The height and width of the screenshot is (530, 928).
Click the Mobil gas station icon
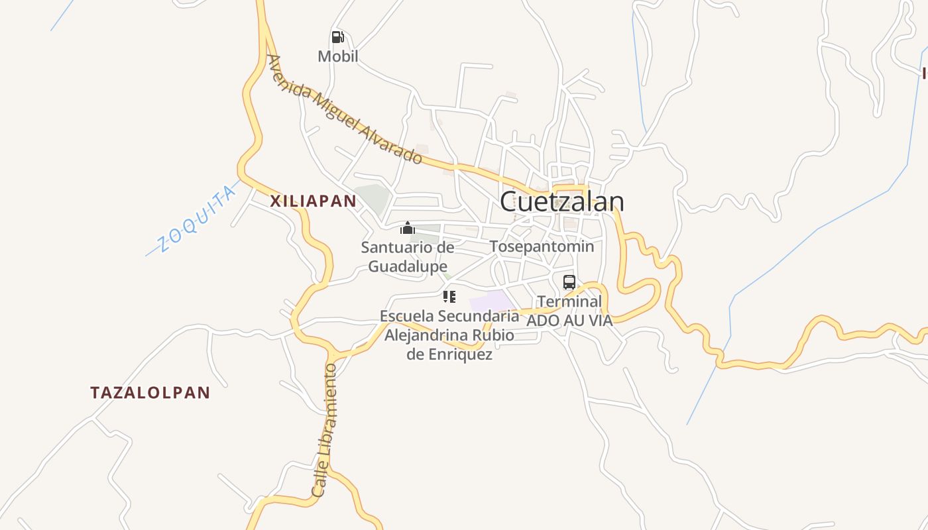(x=337, y=37)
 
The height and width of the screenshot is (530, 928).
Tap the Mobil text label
(x=337, y=56)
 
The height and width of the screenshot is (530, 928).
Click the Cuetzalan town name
(x=561, y=201)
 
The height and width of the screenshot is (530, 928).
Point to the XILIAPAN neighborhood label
(x=313, y=201)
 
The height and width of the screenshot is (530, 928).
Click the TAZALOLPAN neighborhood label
(x=150, y=392)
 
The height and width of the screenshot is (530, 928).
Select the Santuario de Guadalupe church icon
(x=407, y=229)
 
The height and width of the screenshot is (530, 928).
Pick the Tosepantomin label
(x=542, y=246)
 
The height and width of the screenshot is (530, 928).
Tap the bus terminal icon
(x=569, y=282)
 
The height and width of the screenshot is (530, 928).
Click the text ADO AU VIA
(x=569, y=320)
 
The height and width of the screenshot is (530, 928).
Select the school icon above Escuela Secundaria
(x=449, y=296)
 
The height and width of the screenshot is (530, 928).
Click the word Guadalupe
(x=407, y=266)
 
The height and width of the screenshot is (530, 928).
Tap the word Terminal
(x=569, y=302)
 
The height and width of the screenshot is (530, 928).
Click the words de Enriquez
(x=449, y=354)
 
